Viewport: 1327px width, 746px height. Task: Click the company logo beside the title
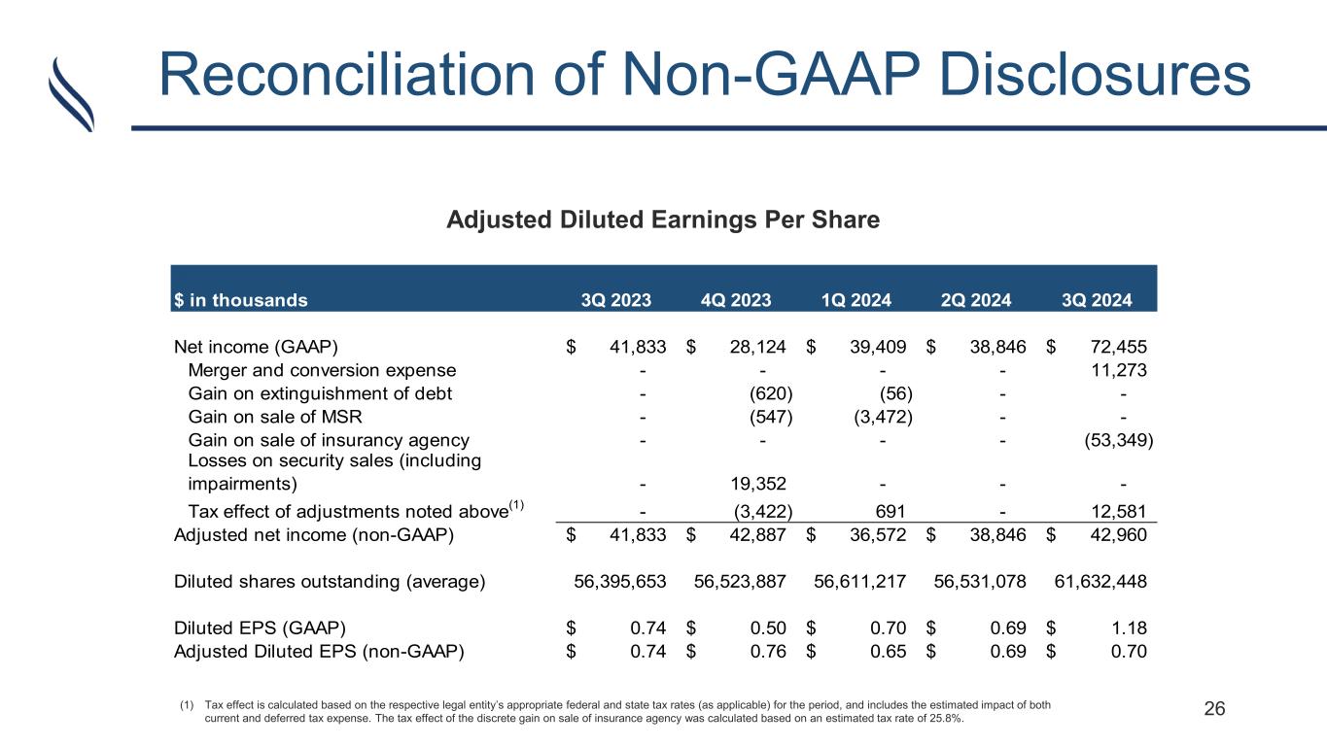71,94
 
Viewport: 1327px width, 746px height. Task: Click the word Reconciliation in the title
347,75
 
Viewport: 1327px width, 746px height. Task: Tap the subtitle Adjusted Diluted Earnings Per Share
663,220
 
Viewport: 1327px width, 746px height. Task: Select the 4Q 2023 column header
736,300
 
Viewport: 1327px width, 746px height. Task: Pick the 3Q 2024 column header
1097,300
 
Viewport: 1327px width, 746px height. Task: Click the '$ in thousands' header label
240,300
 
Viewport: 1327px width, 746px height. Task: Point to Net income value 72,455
1118,347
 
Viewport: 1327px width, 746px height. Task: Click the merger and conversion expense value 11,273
1118,371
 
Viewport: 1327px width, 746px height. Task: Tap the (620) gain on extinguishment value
771,393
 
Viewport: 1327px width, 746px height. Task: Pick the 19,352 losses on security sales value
757,484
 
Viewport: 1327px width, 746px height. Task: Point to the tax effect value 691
890,511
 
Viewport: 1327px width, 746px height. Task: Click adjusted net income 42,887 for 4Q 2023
757,535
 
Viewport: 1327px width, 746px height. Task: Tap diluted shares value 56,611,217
859,582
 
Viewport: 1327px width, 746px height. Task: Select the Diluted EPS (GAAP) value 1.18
1129,627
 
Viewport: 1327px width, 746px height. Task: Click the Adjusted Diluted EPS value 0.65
888,651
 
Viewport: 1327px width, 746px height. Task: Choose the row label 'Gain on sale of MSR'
275,417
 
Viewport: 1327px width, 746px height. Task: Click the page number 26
1214,709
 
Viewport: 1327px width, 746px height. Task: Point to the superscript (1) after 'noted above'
516,505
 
